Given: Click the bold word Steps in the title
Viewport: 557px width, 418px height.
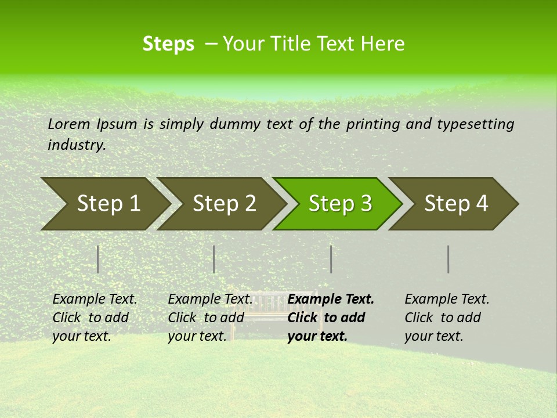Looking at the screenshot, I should pos(168,44).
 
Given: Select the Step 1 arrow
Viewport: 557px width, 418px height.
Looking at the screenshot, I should pos(104,204).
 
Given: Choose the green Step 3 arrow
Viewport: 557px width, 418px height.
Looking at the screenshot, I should pos(338,204).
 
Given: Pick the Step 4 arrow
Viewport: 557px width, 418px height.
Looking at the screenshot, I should pos(454,204).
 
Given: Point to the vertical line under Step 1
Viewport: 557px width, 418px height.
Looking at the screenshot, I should pos(98,259).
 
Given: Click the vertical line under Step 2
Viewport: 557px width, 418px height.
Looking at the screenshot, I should pos(214,259).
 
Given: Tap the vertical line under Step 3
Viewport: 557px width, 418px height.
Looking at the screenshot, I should pos(331,259).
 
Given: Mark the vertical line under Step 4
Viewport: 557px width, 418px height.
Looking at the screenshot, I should pos(449,259).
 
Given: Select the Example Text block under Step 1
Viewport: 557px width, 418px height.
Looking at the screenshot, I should pos(95,318).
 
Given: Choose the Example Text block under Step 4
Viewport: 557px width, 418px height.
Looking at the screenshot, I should pos(447,318).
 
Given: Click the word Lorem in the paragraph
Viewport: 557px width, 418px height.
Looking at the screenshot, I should pos(69,124).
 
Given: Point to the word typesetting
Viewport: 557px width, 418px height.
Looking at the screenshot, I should pos(475,124).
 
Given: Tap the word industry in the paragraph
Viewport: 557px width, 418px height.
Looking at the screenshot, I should pos(76,145).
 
